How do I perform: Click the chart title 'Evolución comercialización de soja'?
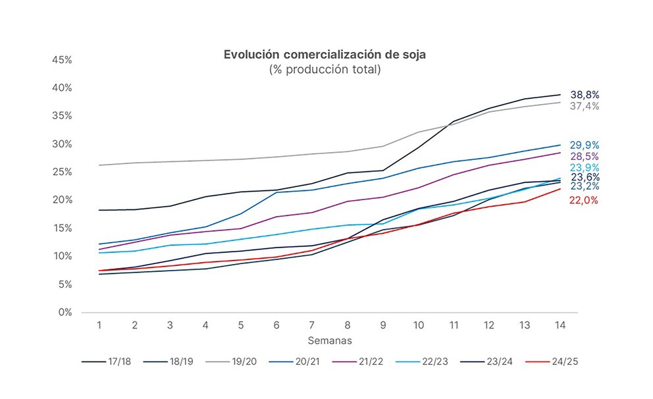click(x=325, y=55)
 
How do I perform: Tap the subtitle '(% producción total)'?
click(x=325, y=69)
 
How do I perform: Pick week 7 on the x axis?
click(x=311, y=325)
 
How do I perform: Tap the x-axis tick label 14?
click(x=560, y=325)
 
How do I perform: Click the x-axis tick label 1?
click(x=99, y=325)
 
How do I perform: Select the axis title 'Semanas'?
click(x=329, y=340)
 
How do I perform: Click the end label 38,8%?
click(x=585, y=95)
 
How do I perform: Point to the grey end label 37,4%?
click(x=585, y=106)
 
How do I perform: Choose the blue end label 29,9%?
click(x=585, y=146)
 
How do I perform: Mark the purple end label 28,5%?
click(x=585, y=157)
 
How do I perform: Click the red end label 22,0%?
click(x=584, y=201)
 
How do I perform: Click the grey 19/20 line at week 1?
click(x=99, y=165)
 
